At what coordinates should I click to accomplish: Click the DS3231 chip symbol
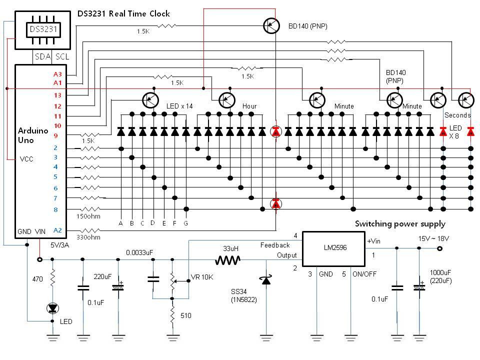coord(44,30)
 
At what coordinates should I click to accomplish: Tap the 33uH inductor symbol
coord(227,260)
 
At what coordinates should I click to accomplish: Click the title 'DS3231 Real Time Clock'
coord(123,13)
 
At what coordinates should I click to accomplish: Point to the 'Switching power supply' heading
coord(399,223)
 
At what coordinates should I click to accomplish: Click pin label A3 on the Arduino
coord(58,74)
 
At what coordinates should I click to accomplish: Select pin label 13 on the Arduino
coord(58,95)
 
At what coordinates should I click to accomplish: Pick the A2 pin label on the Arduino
coord(58,230)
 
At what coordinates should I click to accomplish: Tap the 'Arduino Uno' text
coord(34,134)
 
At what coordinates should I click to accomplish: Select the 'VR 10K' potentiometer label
coord(202,277)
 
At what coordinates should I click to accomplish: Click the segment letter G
coord(186,223)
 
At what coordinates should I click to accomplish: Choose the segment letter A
coord(120,223)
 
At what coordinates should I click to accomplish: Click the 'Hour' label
coord(249,106)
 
